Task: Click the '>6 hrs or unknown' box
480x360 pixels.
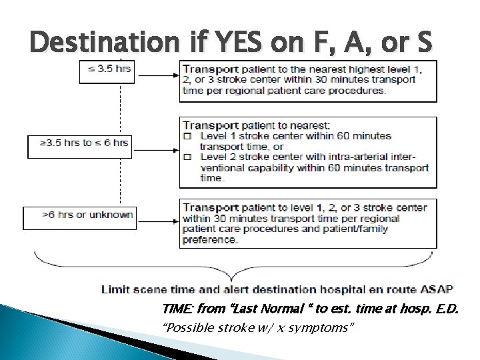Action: pyautogui.click(x=79, y=217)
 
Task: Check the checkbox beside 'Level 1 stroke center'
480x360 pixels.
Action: pyautogui.click(x=187, y=136)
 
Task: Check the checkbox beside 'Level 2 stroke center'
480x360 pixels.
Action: pyautogui.click(x=187, y=157)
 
